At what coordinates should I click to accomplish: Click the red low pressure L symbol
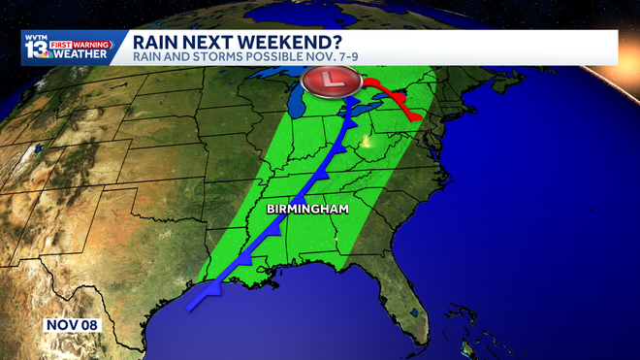(336, 80)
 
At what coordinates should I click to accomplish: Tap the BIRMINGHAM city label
(307, 210)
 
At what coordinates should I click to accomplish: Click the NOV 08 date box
(73, 324)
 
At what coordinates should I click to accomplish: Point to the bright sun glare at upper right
(621, 49)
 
